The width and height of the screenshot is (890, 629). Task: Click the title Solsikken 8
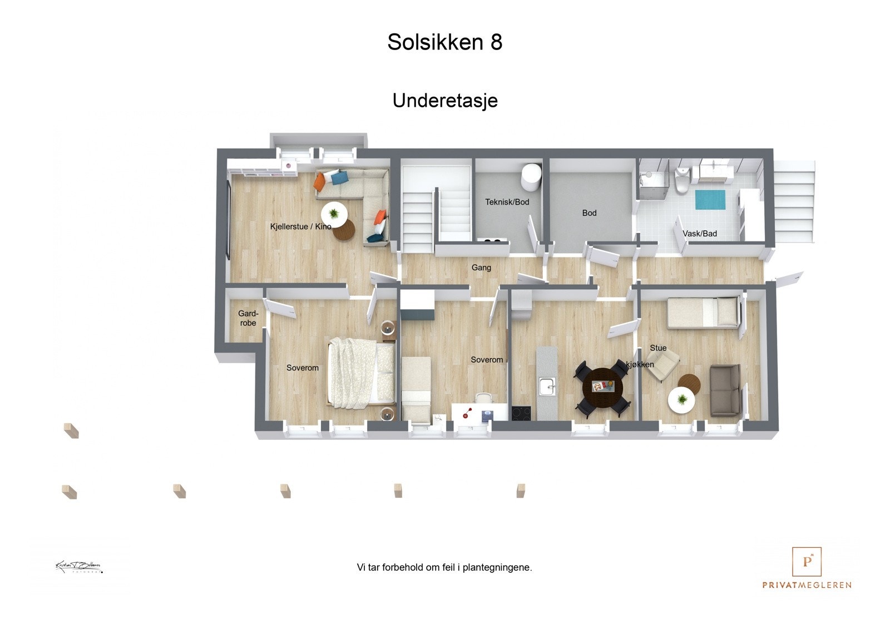444,42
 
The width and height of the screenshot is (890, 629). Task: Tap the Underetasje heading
444,101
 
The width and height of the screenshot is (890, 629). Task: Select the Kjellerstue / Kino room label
300,226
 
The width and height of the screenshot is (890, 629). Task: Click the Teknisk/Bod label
507,202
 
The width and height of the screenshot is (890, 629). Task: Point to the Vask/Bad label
699,234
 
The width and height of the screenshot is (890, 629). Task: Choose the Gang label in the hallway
481,268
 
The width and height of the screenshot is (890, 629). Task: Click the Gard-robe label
248,318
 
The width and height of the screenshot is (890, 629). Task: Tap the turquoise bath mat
710,200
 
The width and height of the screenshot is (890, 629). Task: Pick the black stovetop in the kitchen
521,413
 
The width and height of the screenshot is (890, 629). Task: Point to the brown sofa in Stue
725,390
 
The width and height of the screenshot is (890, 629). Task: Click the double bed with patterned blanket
362,372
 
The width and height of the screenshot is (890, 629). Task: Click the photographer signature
78,567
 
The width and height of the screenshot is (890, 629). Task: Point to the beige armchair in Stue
662,365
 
